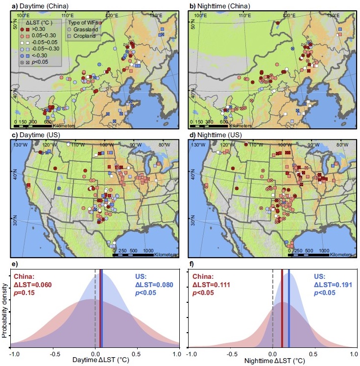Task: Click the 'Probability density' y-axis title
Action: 4,309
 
